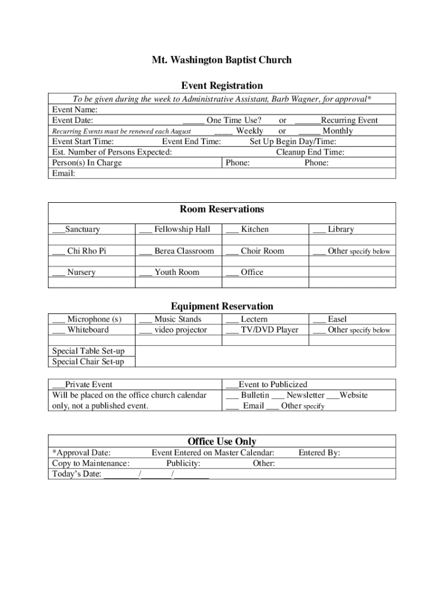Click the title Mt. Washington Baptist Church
pyautogui.click(x=221, y=60)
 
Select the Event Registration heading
pyautogui.click(x=221, y=86)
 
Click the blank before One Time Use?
pyautogui.click(x=194, y=121)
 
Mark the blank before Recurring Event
pyautogui.click(x=307, y=121)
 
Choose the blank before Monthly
pyautogui.click(x=309, y=131)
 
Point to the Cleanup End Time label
pyautogui.click(x=310, y=152)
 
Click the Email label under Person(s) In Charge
pyautogui.click(x=63, y=173)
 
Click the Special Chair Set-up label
pyautogui.click(x=88, y=362)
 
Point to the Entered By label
pyautogui.click(x=319, y=453)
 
